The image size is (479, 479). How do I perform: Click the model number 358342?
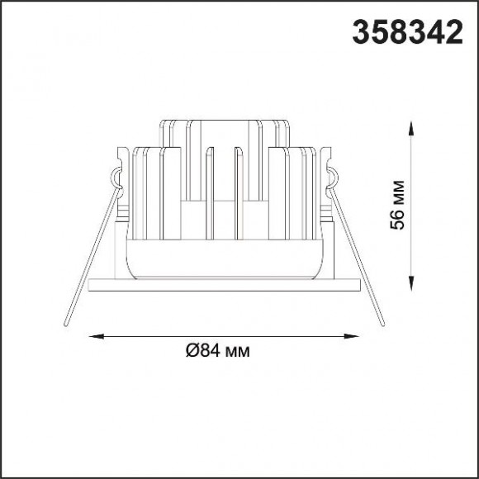click(x=407, y=31)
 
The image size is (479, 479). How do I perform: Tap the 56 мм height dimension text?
click(x=397, y=205)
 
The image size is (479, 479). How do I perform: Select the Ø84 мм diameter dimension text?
click(x=218, y=351)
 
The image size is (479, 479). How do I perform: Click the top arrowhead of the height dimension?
click(x=411, y=128)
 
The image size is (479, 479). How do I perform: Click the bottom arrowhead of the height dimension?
click(x=411, y=284)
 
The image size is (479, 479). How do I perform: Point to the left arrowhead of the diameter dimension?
click(x=96, y=336)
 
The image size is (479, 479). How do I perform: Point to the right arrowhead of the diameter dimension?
click(x=351, y=336)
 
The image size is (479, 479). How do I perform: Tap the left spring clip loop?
click(x=114, y=178)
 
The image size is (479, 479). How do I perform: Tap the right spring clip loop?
click(x=334, y=178)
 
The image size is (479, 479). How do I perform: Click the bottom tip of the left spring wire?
click(x=65, y=324)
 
